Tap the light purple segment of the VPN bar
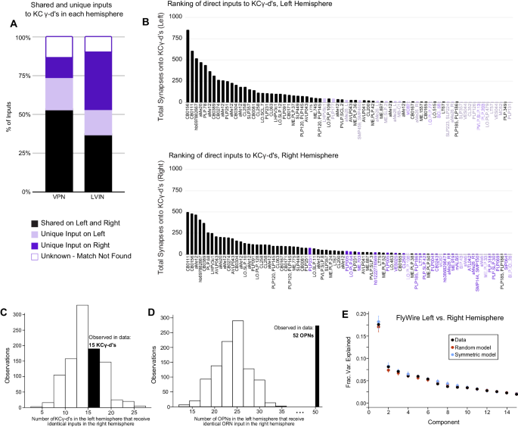(x=58, y=94)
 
